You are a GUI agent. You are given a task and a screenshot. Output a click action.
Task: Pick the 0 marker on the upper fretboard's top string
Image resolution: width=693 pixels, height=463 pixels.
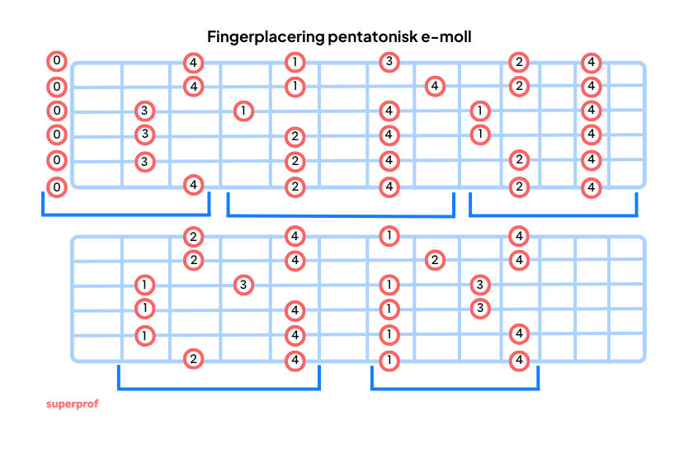coord(56,61)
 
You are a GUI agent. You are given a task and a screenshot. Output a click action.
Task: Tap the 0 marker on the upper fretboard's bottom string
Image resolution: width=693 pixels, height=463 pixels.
coord(56,187)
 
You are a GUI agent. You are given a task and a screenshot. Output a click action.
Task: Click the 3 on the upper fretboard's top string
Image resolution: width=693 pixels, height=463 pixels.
coord(389,61)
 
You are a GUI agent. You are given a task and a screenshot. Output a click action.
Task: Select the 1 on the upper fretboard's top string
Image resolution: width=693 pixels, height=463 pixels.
coord(295,61)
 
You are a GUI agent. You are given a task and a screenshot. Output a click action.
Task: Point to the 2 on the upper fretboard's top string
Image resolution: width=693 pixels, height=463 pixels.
coord(518,61)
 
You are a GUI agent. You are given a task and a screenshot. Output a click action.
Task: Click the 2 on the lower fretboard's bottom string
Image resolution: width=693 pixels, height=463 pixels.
coord(193,359)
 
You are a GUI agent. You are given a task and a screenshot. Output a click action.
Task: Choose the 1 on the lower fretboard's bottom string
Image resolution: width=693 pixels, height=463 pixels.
coord(389,360)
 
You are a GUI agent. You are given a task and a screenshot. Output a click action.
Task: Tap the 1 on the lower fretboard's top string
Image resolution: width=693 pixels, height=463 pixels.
coord(389,236)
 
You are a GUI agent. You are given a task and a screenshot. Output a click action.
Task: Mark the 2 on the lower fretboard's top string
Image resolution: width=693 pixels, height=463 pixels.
coord(193,237)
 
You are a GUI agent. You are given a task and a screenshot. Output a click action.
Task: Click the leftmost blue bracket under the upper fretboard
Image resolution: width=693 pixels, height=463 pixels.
coord(125,214)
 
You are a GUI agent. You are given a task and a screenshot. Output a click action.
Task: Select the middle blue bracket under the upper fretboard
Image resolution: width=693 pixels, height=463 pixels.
coord(340,216)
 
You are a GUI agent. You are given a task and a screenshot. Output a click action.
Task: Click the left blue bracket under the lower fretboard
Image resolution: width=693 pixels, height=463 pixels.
coord(219,388)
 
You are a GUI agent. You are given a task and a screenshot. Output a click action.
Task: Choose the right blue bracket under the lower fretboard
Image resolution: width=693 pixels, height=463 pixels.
coord(455,388)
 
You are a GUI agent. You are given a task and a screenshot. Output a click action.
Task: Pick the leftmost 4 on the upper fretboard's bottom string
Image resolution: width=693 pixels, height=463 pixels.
coord(193,184)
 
